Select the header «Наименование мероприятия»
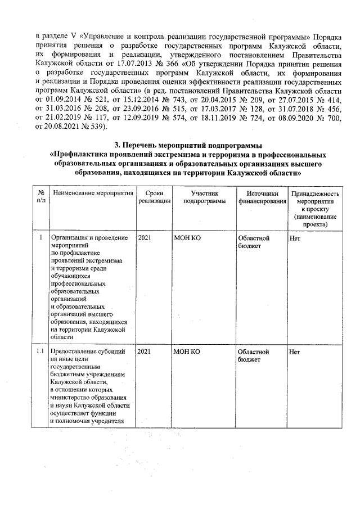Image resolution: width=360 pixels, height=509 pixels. point(93,193)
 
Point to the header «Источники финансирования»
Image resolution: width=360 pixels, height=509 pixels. point(258,197)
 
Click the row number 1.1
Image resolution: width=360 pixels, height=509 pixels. point(39,352)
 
